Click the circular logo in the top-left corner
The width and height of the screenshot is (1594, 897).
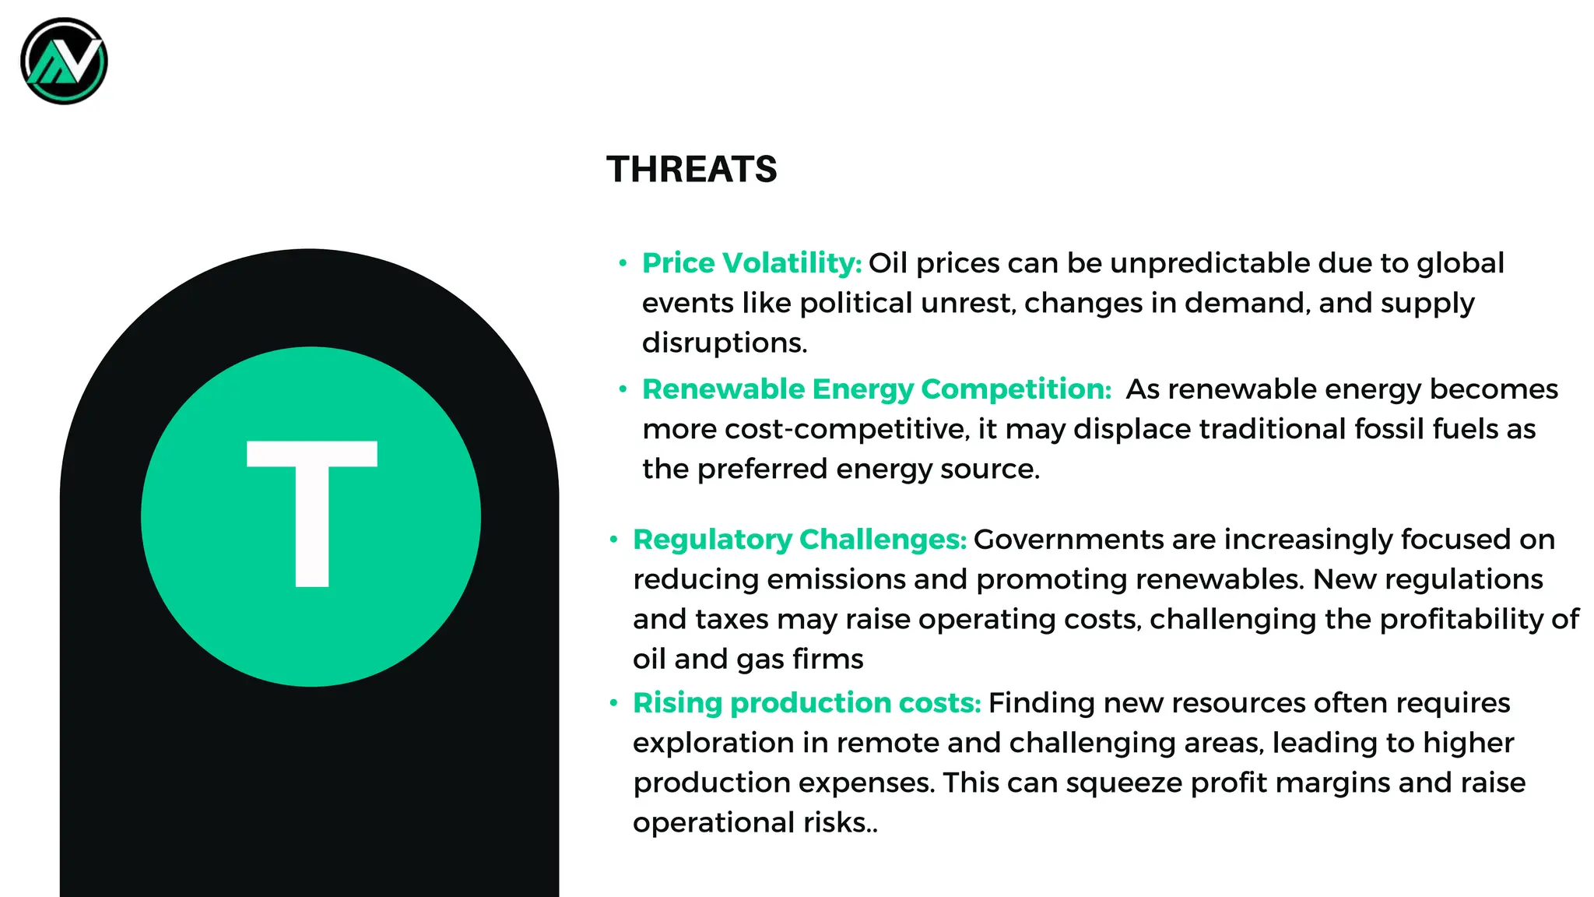click(x=64, y=62)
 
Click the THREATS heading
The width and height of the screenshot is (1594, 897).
click(x=691, y=169)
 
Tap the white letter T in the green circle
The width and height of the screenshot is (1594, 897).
click(x=312, y=513)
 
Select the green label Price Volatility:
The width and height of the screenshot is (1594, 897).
click(x=751, y=263)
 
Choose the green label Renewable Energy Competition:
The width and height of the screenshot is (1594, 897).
click(x=876, y=389)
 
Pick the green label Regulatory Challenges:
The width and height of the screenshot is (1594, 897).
click(x=799, y=540)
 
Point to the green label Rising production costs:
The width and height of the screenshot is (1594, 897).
click(x=806, y=703)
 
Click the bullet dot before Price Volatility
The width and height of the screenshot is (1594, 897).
click(x=623, y=263)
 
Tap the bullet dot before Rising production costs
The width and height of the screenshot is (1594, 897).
click(x=614, y=703)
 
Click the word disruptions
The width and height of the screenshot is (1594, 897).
click(x=724, y=343)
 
